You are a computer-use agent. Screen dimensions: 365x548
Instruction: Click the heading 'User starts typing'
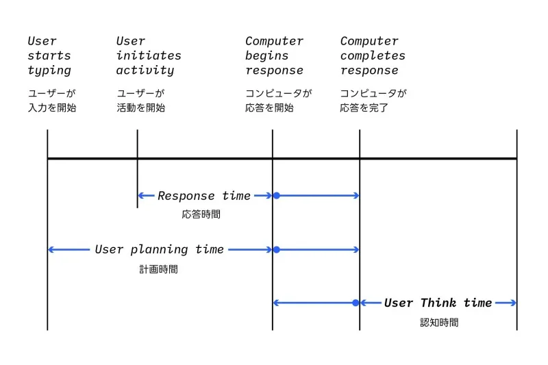49,55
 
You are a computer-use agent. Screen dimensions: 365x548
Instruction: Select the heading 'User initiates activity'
149,55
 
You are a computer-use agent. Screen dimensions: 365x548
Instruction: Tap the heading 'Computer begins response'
274,55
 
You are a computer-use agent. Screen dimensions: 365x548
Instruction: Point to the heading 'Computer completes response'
373,55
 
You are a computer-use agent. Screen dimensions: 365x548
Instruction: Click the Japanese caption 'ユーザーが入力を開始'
52,100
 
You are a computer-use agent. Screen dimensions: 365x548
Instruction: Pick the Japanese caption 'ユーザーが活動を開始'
141,100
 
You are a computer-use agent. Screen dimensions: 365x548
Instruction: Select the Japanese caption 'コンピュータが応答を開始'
278,100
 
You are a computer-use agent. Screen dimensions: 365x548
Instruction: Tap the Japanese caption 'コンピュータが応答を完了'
373,100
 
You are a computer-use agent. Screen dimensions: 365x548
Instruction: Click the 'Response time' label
204,196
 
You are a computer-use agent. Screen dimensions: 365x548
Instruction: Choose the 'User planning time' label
159,250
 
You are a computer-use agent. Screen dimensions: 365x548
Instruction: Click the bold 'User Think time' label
438,303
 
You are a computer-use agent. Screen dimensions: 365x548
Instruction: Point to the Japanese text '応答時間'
201,214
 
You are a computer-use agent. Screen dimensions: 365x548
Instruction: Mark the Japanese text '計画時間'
158,269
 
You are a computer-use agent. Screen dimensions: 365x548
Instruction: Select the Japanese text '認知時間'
439,322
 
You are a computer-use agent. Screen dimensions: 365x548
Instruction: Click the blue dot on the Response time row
276,196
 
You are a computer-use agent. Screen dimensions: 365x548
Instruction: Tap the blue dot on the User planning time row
276,250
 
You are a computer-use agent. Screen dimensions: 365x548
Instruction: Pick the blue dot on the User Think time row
356,303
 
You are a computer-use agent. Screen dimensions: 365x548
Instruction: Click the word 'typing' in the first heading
49,71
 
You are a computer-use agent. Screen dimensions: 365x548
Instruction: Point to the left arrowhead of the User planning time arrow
51,250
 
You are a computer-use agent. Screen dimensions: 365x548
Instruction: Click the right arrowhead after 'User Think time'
513,303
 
